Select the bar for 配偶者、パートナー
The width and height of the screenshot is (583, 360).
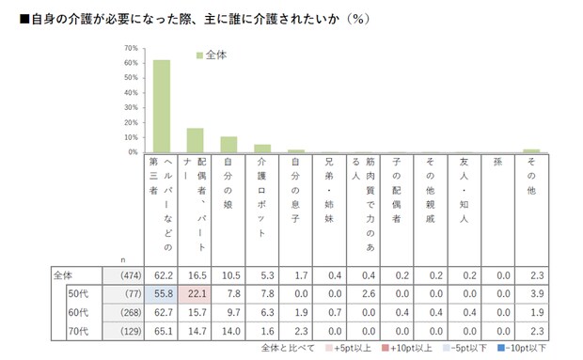coord(195,140)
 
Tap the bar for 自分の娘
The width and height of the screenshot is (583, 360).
coord(228,144)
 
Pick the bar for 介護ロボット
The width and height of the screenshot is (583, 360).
coord(262,148)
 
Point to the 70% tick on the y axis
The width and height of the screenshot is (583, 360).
coord(132,48)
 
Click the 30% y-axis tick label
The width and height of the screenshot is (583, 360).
coord(132,107)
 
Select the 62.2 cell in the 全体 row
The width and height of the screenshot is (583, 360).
coord(161,275)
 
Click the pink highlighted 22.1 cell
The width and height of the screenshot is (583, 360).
coord(195,292)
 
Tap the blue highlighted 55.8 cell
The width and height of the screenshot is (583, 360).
coord(161,292)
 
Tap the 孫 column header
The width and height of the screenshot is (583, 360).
coord(497,162)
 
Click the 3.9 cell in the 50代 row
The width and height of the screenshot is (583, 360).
coord(531,292)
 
